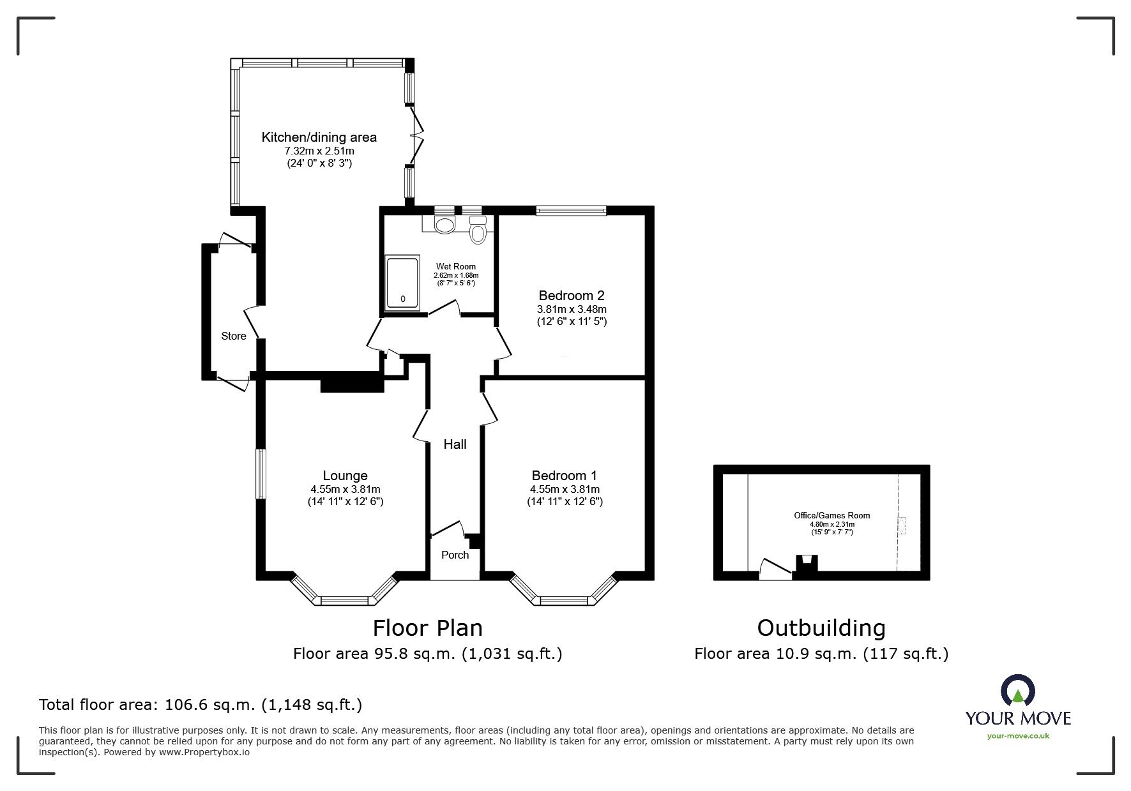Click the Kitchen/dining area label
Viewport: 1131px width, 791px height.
(319, 137)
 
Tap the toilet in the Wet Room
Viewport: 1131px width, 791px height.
(477, 230)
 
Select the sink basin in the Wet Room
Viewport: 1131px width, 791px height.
(443, 225)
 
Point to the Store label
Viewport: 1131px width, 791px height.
(233, 336)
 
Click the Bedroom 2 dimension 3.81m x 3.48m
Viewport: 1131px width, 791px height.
(571, 309)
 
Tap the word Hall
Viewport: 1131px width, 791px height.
(455, 444)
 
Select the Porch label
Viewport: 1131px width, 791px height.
(455, 555)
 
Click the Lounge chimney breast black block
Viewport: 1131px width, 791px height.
(351, 384)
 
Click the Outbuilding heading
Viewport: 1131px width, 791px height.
(821, 628)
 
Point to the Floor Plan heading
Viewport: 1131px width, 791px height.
(427, 628)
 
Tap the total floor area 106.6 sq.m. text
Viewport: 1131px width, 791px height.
(201, 705)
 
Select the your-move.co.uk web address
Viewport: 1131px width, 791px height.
(1018, 735)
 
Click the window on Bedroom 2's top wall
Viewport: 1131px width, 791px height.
(570, 210)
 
